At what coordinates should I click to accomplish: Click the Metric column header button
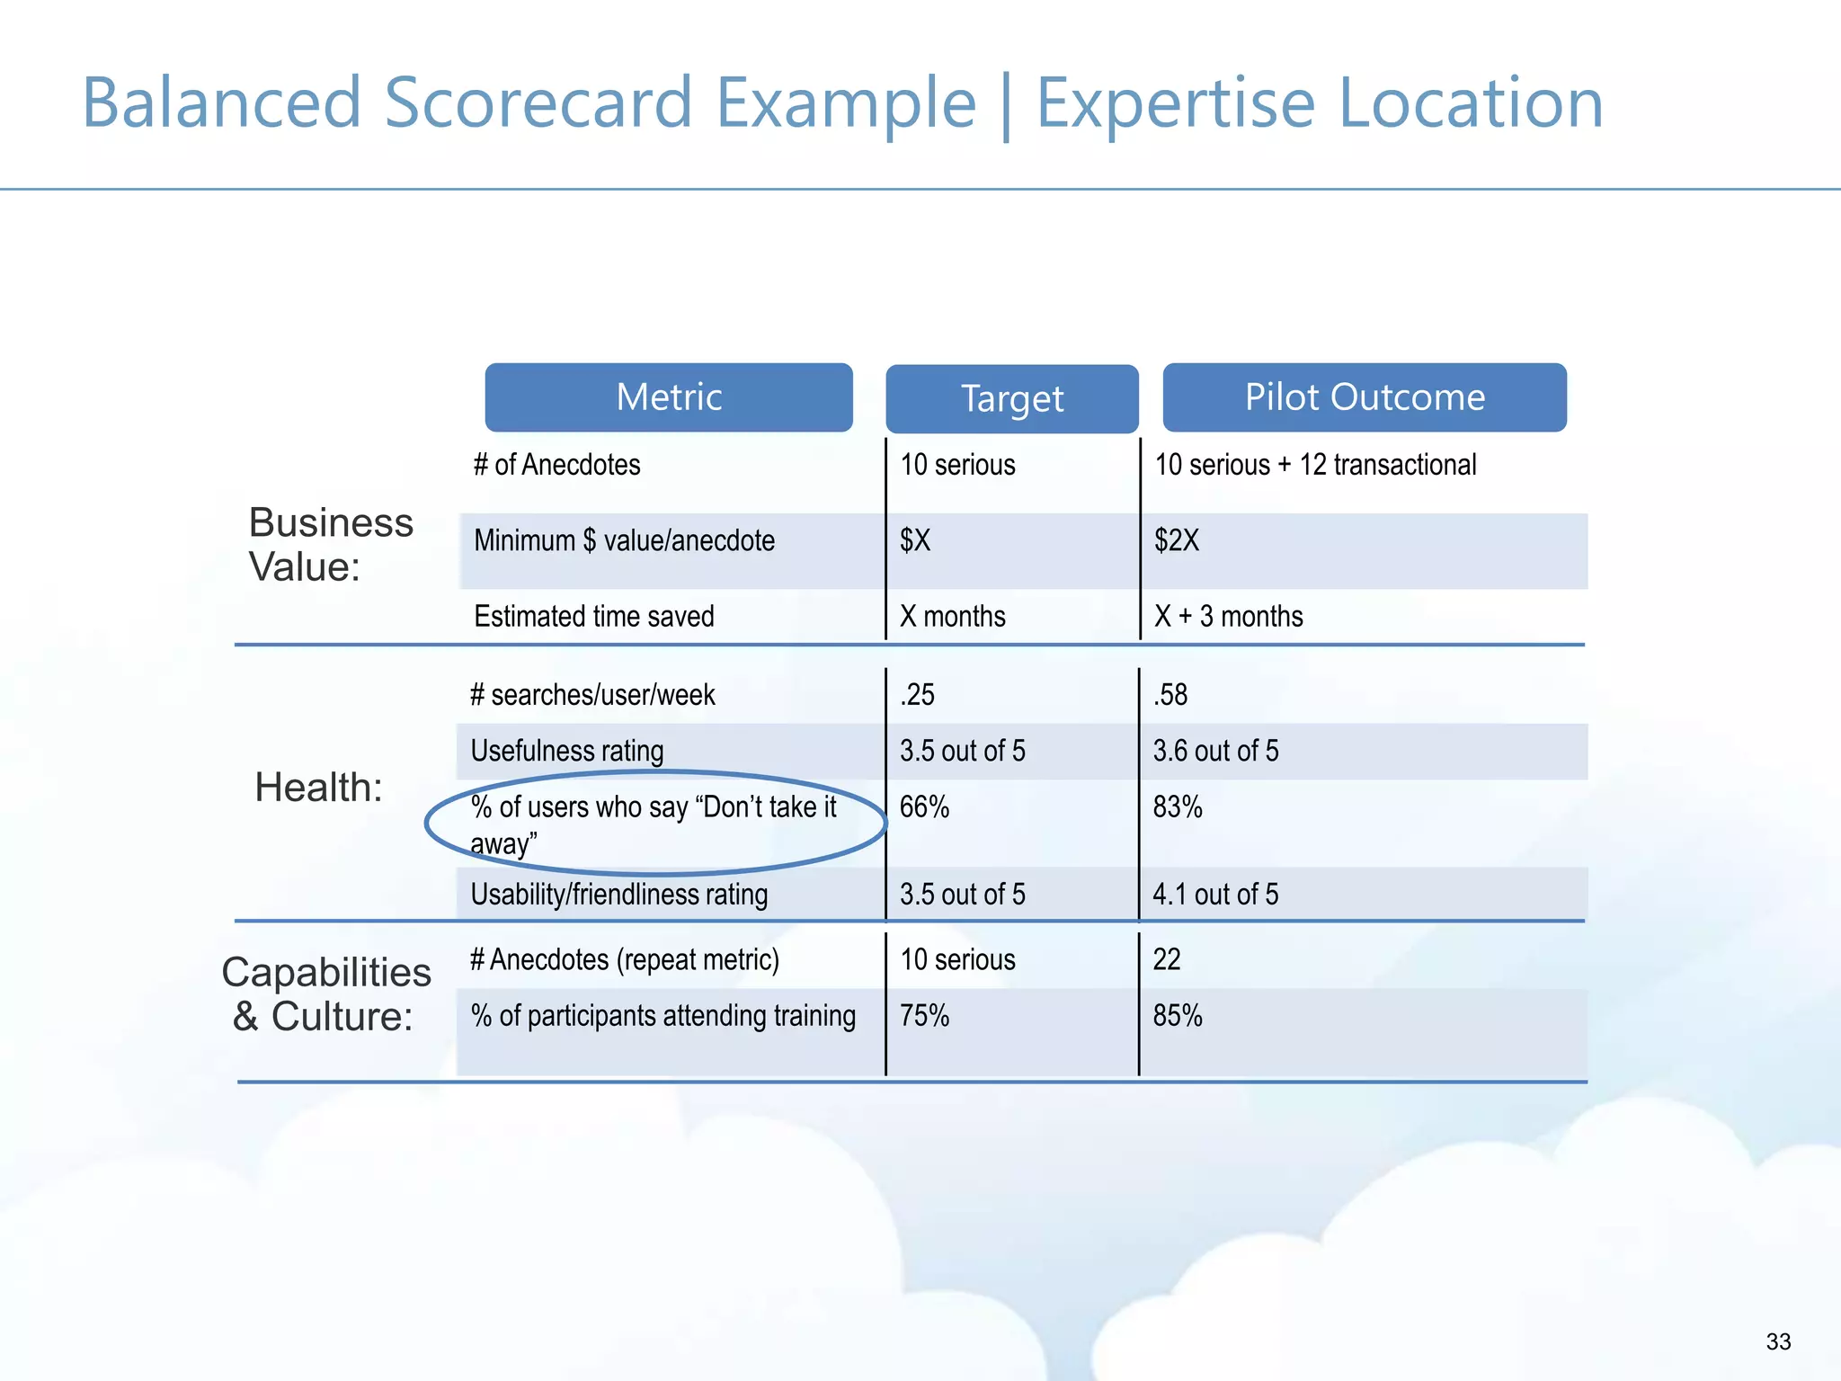pyautogui.click(x=669, y=397)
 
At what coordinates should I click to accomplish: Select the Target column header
pyautogui.click(x=1012, y=399)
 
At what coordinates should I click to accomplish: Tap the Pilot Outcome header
pyautogui.click(x=1365, y=397)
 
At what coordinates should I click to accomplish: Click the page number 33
pyautogui.click(x=1778, y=1341)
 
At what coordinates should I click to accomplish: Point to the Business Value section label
pyautogui.click(x=330, y=544)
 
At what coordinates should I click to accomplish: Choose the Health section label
pyautogui.click(x=318, y=788)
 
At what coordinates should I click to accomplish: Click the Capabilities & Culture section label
pyautogui.click(x=325, y=994)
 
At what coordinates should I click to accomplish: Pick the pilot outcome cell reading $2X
pyautogui.click(x=1177, y=540)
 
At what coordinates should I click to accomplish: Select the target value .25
pyautogui.click(x=917, y=695)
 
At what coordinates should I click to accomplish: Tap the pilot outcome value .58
pyautogui.click(x=1170, y=695)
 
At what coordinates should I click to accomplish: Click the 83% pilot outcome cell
pyautogui.click(x=1178, y=807)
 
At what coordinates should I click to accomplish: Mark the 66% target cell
pyautogui.click(x=924, y=807)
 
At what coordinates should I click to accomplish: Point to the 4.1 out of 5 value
pyautogui.click(x=1215, y=895)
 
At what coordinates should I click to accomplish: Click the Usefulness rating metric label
pyautogui.click(x=567, y=751)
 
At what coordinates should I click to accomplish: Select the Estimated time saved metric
pyautogui.click(x=594, y=617)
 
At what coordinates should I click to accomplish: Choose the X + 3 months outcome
pyautogui.click(x=1229, y=617)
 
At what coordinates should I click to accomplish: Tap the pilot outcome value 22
pyautogui.click(x=1167, y=960)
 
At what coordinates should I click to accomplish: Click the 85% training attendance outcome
pyautogui.click(x=1178, y=1016)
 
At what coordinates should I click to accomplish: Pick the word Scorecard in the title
pyautogui.click(x=538, y=103)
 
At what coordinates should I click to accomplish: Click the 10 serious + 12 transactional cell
pyautogui.click(x=1315, y=465)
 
